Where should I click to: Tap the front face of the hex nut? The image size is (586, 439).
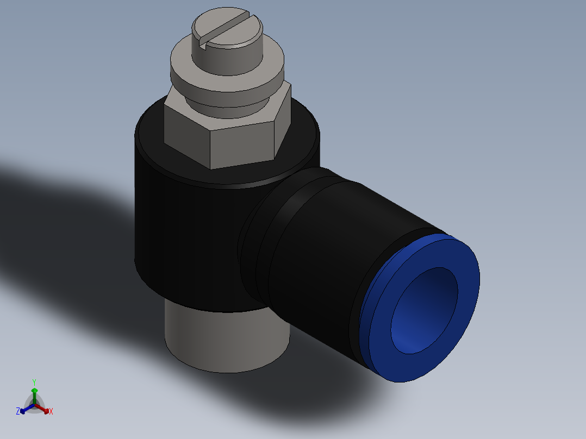242,145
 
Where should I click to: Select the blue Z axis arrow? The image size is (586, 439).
25,410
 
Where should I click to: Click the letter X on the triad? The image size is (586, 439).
51,412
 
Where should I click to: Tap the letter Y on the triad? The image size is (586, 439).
34,382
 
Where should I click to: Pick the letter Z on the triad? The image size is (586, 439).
18,412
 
